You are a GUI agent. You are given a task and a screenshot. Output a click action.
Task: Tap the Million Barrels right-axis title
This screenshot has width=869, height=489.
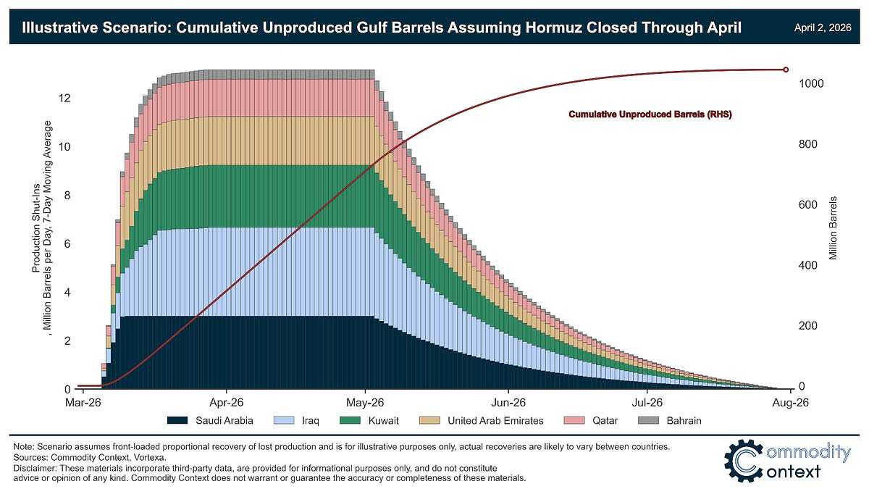click(x=834, y=228)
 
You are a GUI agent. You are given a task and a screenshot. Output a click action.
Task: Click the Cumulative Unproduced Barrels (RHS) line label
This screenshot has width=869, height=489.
click(x=650, y=114)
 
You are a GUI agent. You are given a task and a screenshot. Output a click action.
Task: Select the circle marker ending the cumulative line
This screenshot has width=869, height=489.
click(x=786, y=70)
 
